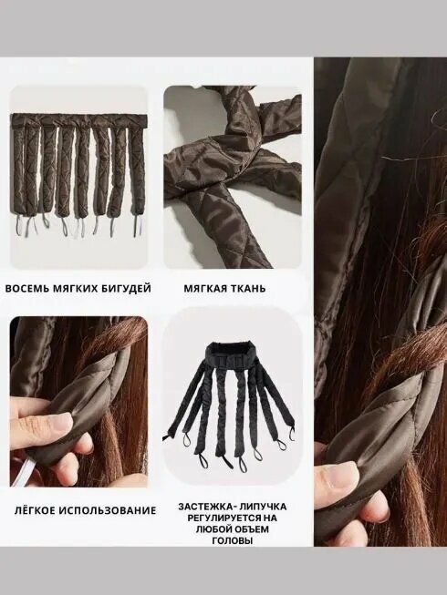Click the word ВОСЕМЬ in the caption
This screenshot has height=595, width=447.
(26, 289)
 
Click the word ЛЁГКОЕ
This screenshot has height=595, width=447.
(36, 510)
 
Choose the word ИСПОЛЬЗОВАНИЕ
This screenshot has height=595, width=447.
(109, 510)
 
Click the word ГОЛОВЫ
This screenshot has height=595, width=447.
(232, 540)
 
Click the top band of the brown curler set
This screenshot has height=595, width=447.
(78, 119)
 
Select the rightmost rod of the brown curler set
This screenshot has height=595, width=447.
(138, 167)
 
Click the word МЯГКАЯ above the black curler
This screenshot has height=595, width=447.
(204, 289)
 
